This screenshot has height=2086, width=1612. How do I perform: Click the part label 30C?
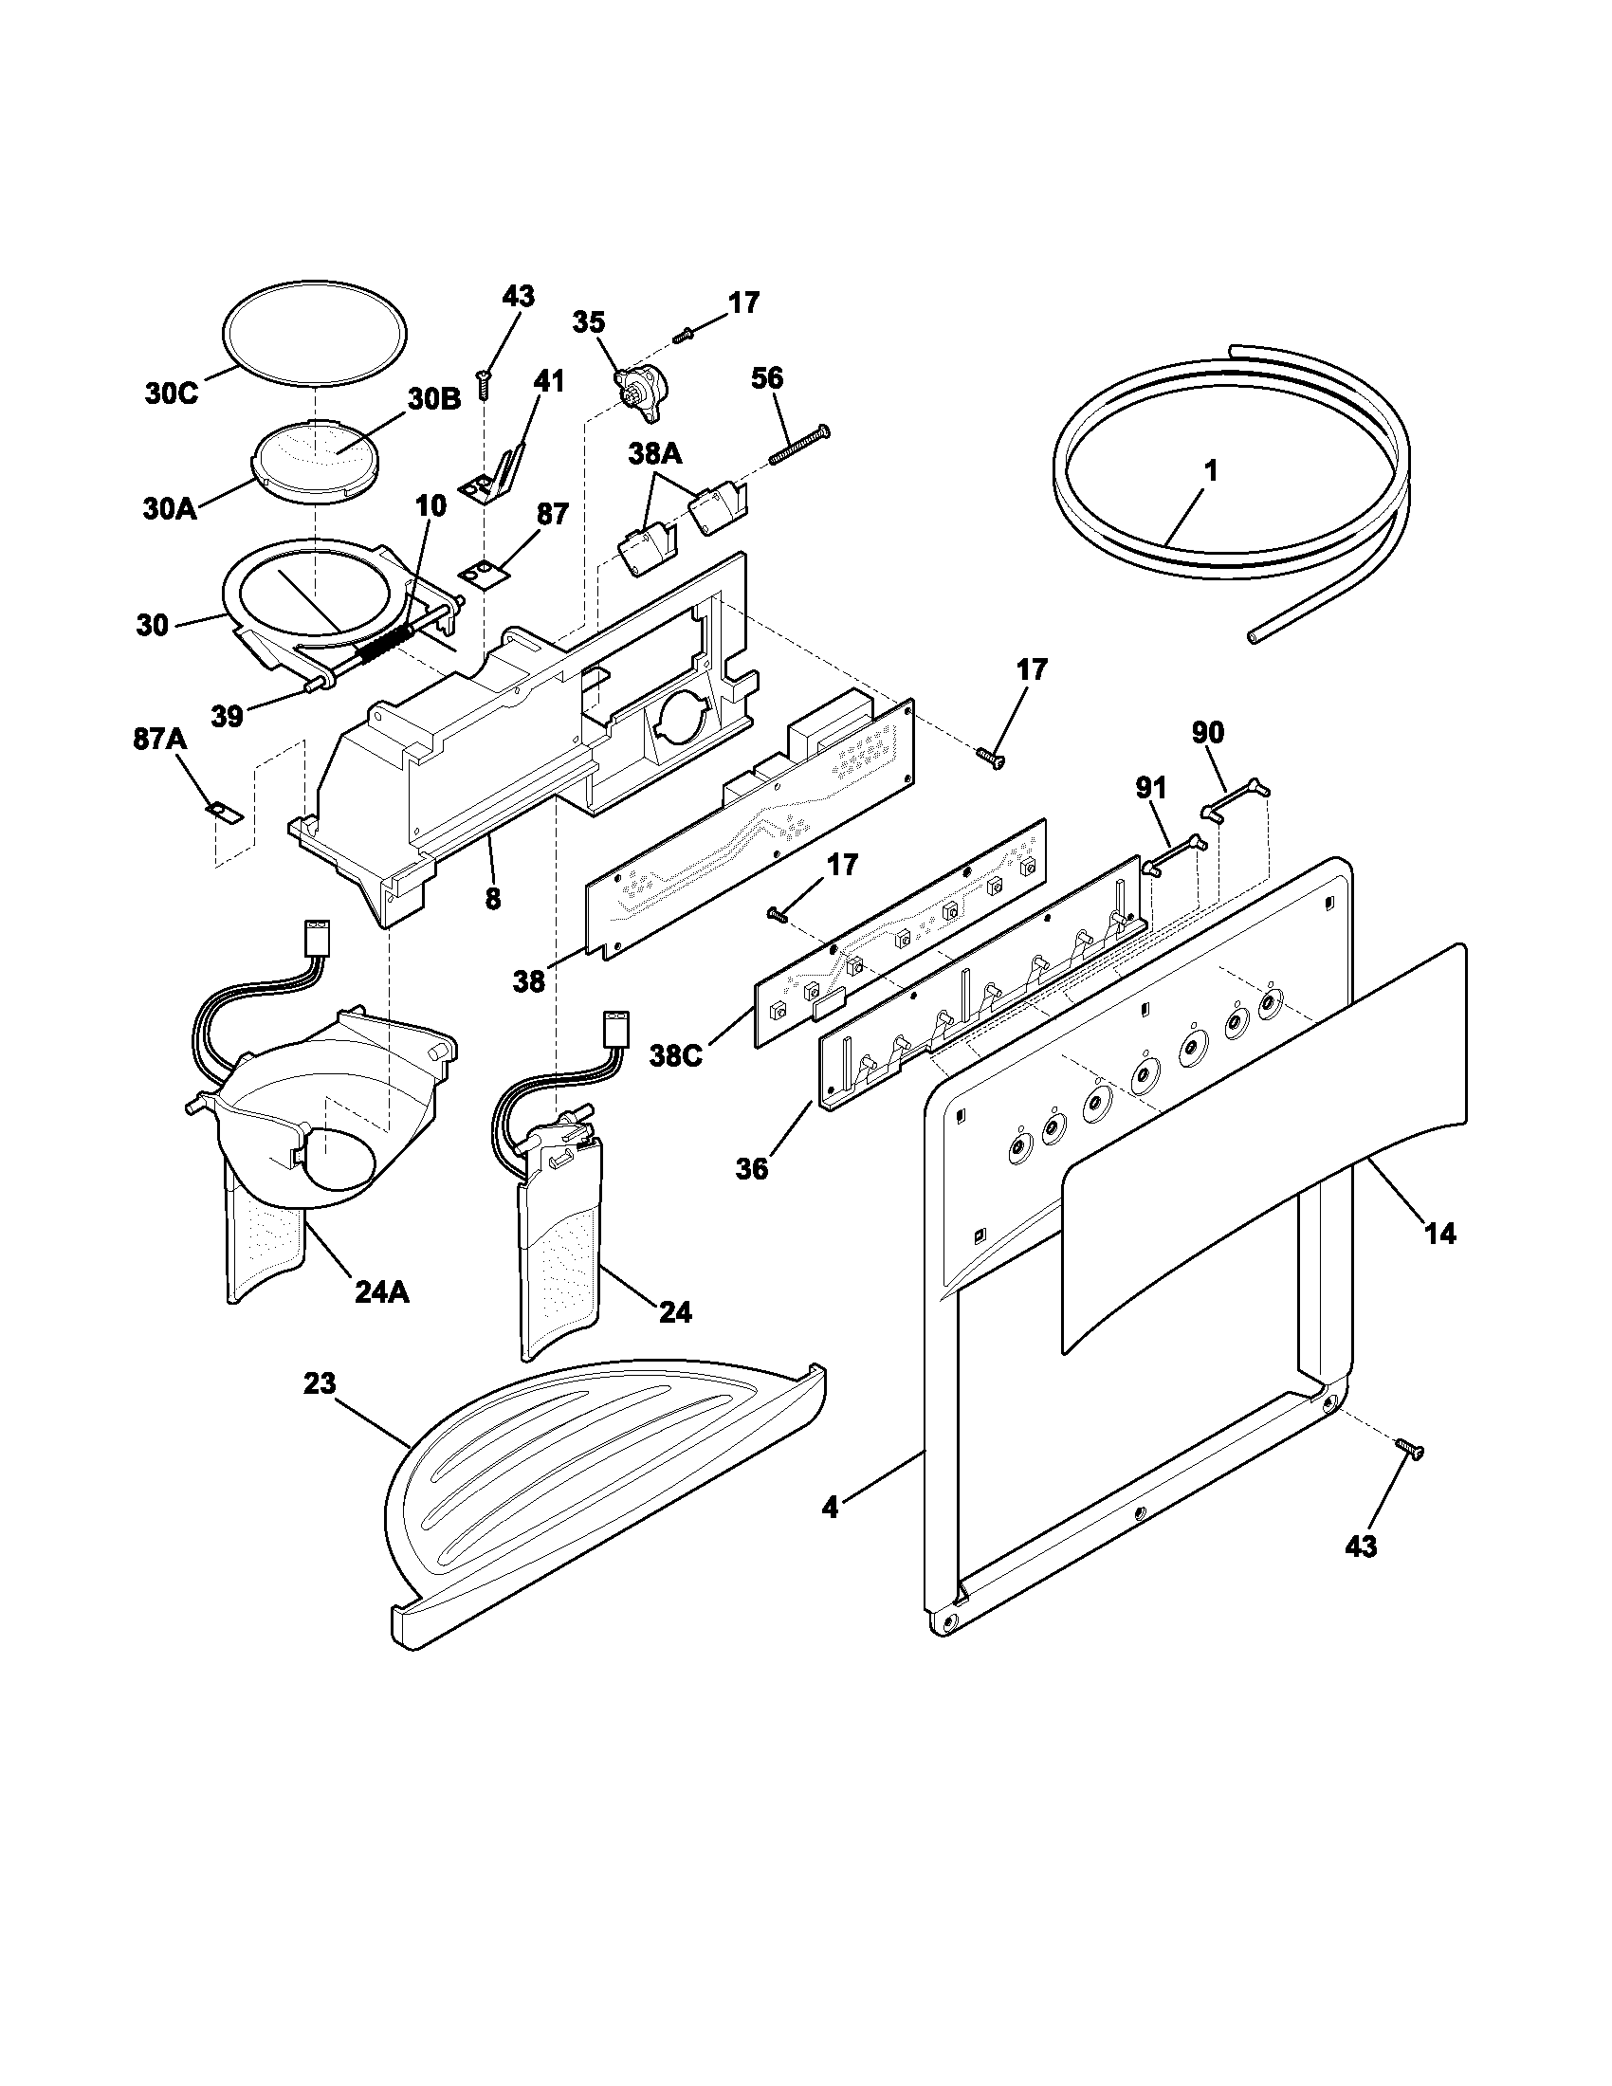[172, 393]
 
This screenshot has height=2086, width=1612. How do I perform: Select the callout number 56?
[767, 378]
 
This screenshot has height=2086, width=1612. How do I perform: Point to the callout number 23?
[320, 1384]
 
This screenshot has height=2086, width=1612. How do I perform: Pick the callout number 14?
[1440, 1234]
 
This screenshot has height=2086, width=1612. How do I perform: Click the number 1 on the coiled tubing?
[1211, 471]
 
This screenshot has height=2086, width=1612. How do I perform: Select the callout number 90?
[1207, 733]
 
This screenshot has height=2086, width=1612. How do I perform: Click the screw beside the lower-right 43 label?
[1409, 1474]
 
